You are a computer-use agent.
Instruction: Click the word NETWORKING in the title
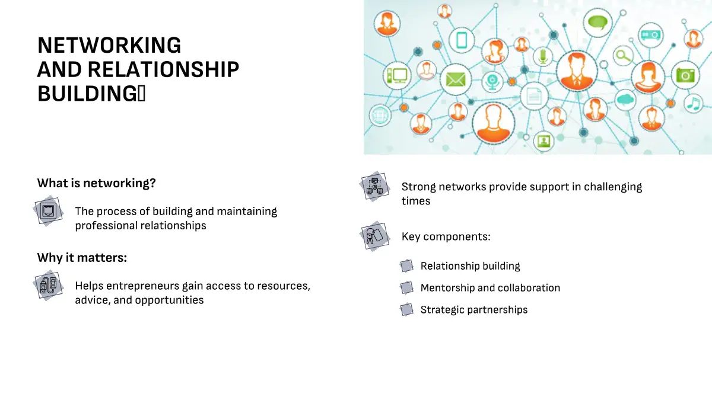[109, 45]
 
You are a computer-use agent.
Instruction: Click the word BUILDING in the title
[87, 94]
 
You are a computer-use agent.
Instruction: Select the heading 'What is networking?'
[96, 183]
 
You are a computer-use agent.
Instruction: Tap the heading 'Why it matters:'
[82, 257]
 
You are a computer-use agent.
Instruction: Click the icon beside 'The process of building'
[48, 211]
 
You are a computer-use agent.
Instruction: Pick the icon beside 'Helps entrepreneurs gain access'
[48, 286]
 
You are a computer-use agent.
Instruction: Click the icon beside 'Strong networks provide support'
[375, 186]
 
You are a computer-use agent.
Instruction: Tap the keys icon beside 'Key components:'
[375, 236]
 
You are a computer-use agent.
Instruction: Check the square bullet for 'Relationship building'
[406, 265]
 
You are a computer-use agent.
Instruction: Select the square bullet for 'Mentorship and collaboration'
[406, 287]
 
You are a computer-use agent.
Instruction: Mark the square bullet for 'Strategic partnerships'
[406, 309]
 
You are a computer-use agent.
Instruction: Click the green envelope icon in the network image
[456, 79]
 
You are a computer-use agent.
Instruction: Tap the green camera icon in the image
[685, 75]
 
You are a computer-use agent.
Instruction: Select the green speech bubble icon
[597, 23]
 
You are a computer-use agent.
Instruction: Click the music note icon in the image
[693, 104]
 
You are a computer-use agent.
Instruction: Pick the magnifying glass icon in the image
[623, 56]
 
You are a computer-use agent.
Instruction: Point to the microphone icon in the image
[543, 56]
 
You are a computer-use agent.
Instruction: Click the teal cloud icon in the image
[625, 100]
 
